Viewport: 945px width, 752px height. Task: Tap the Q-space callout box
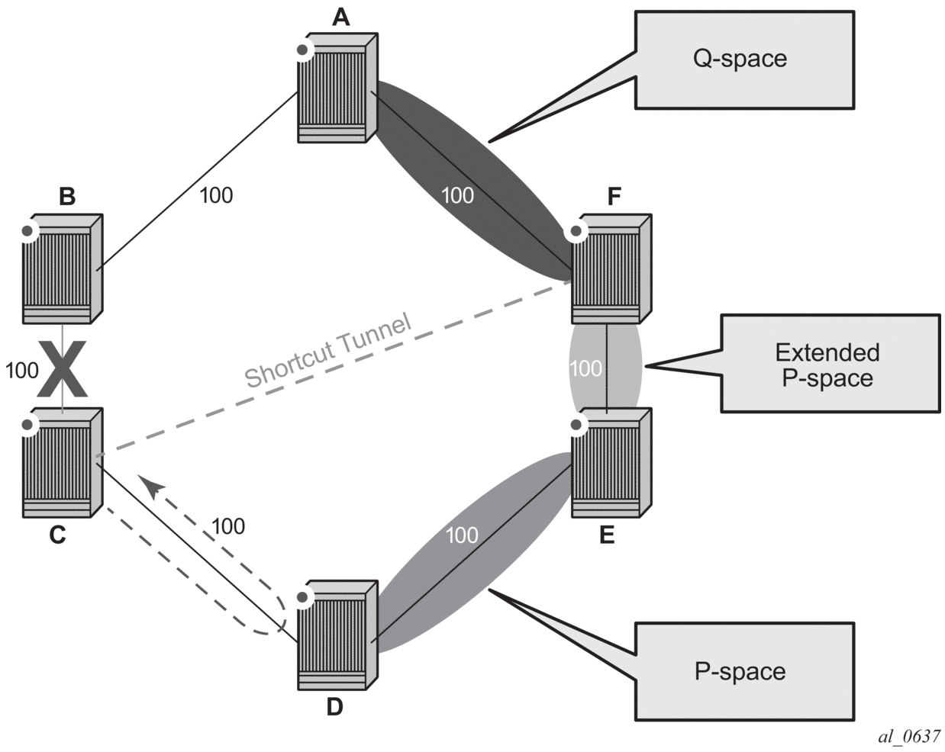(743, 59)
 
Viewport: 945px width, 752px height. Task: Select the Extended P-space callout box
(830, 365)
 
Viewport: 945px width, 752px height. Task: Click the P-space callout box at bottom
(743, 671)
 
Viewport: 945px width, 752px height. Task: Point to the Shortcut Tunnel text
(328, 350)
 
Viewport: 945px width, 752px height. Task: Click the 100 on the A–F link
(457, 195)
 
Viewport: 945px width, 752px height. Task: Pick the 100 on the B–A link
(216, 195)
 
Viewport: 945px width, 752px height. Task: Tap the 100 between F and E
(585, 369)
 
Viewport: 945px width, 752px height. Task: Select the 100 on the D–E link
(461, 535)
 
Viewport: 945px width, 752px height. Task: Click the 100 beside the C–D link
(227, 526)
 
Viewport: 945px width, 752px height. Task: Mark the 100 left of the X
(21, 371)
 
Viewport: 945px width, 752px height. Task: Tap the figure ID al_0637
(909, 736)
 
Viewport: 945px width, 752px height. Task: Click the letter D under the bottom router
(334, 707)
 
